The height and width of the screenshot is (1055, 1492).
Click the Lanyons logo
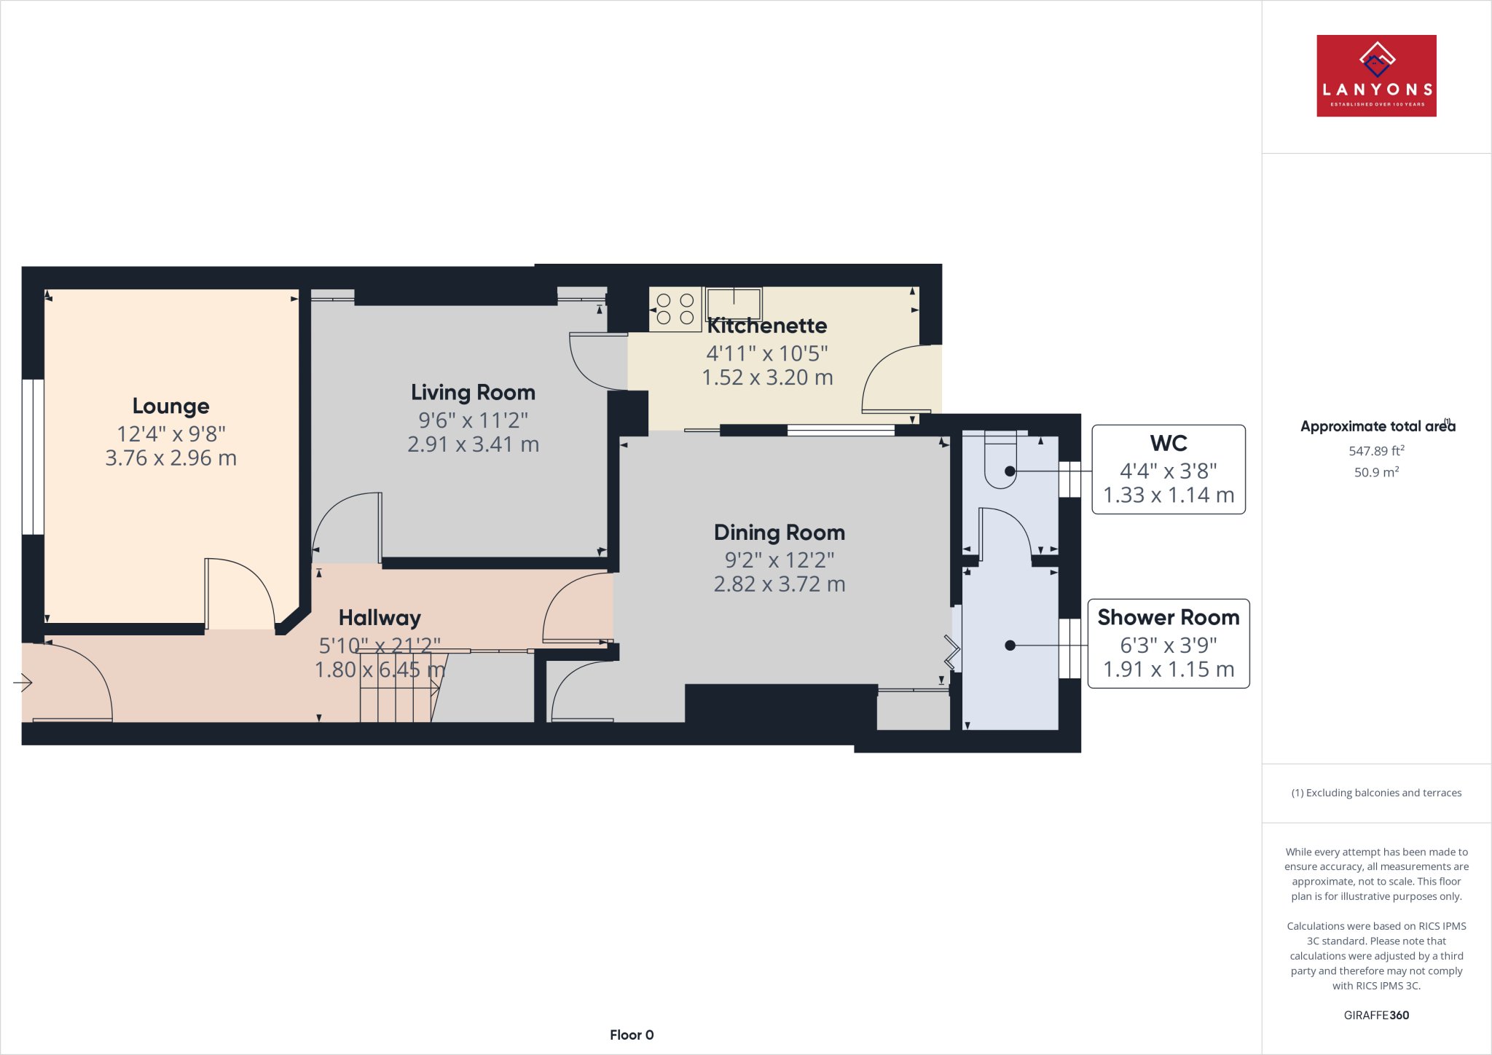pyautogui.click(x=1375, y=76)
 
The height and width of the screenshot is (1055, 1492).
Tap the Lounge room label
pyautogui.click(x=170, y=406)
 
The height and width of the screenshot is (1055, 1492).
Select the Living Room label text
pyautogui.click(x=473, y=393)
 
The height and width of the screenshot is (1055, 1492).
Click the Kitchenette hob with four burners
pyautogui.click(x=675, y=309)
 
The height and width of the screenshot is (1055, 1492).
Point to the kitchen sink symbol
pyautogui.click(x=734, y=304)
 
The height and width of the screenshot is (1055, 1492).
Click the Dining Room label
pyautogui.click(x=779, y=533)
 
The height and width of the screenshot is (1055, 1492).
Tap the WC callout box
pyautogui.click(x=1168, y=469)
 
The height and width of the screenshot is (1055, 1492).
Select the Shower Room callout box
pyautogui.click(x=1168, y=643)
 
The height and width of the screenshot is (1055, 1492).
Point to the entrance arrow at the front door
pyautogui.click(x=23, y=683)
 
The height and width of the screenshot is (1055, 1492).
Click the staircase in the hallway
pyautogui.click(x=397, y=689)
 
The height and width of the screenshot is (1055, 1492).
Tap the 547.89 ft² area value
pyautogui.click(x=1375, y=451)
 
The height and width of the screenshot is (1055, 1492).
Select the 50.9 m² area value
pyautogui.click(x=1375, y=472)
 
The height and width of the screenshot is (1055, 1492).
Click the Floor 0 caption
pyautogui.click(x=631, y=1035)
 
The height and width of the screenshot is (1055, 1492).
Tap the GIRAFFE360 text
pyautogui.click(x=1375, y=1015)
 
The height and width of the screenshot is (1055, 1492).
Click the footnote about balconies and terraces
pyautogui.click(x=1375, y=793)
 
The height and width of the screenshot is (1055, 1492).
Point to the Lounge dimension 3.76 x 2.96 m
pyautogui.click(x=170, y=458)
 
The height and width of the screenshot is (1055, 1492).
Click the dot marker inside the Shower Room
pyautogui.click(x=1010, y=646)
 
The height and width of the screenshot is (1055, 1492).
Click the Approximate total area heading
pyautogui.click(x=1375, y=426)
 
